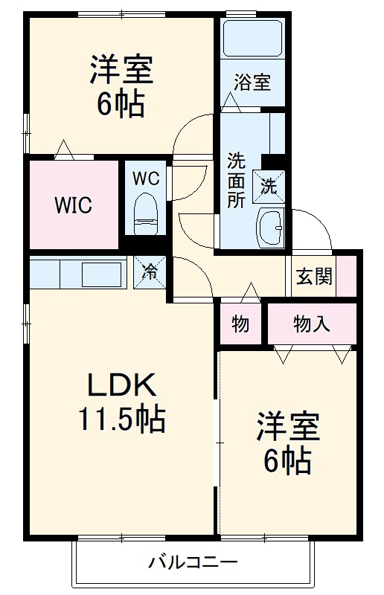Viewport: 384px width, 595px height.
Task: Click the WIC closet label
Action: coord(72,206)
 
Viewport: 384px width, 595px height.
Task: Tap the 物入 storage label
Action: coord(311,324)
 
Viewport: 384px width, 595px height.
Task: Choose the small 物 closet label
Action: coord(240,324)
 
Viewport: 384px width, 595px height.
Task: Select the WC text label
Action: coord(145,178)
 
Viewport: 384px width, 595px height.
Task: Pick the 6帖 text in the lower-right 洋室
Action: coord(287,462)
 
